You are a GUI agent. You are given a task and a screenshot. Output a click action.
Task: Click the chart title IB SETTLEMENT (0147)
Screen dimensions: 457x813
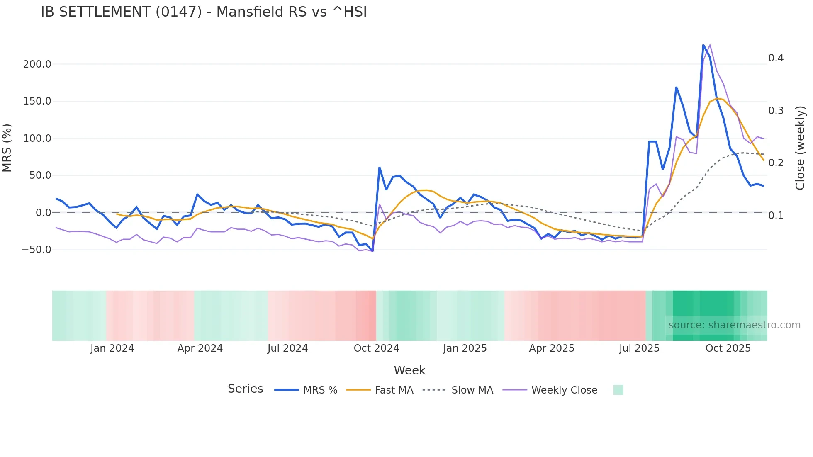(x=204, y=12)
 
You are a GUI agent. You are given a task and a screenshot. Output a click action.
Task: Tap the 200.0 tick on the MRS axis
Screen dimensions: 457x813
(x=37, y=64)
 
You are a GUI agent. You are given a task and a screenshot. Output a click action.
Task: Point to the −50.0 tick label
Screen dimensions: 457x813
(x=37, y=250)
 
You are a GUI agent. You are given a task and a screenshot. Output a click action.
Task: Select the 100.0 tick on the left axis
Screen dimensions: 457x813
(x=37, y=139)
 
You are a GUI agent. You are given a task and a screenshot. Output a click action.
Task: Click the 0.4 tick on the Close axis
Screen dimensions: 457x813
(x=776, y=58)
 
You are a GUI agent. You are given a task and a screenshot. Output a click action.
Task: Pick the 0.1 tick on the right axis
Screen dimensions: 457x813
(x=776, y=216)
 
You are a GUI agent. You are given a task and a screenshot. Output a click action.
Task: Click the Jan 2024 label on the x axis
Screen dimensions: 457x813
(x=112, y=348)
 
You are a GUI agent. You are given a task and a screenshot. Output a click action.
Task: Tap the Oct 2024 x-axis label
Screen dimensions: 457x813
(x=376, y=348)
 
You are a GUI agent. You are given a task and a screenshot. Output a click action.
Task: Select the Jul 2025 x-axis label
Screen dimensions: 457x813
(x=639, y=348)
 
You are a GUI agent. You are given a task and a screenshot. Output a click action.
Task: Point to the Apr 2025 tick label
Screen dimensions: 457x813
(x=552, y=348)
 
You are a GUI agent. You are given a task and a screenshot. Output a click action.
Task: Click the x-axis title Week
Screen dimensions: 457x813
(x=409, y=370)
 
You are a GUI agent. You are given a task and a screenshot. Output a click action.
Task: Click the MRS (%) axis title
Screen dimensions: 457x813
(x=7, y=148)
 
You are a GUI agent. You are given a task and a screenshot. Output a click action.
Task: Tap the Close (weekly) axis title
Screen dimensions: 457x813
(x=800, y=148)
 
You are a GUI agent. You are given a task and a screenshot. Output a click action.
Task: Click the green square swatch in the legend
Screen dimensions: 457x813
(x=618, y=390)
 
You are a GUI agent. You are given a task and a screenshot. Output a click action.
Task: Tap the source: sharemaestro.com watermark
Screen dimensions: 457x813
(x=734, y=325)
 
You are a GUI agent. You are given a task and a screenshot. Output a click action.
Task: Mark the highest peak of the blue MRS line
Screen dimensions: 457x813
(x=703, y=45)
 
